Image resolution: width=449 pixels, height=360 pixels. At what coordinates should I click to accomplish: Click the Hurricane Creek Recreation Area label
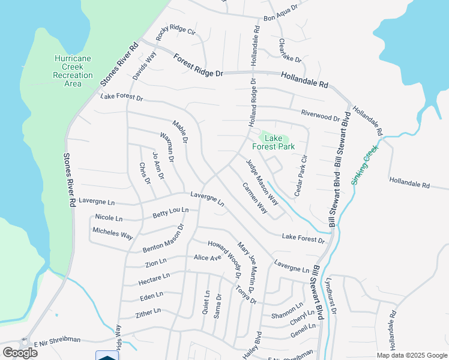(x=73, y=71)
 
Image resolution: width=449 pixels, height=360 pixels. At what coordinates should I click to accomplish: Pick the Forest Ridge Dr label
(x=198, y=64)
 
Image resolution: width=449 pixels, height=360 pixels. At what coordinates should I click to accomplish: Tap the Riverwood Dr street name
(x=320, y=115)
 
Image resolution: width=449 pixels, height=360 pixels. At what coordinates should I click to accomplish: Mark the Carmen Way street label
(x=255, y=198)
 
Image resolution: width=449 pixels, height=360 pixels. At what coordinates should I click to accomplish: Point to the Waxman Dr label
(x=166, y=147)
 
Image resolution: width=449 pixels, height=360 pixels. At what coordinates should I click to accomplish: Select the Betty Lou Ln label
(x=170, y=212)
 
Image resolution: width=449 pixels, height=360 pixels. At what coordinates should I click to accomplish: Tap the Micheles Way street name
(x=112, y=233)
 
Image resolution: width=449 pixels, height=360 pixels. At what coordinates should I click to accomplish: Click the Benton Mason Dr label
(x=163, y=239)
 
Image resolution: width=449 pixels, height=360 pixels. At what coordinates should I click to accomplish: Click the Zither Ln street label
(x=148, y=313)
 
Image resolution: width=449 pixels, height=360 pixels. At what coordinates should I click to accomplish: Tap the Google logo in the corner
(x=19, y=352)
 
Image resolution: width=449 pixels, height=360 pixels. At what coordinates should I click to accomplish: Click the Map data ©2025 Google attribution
(x=411, y=355)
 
